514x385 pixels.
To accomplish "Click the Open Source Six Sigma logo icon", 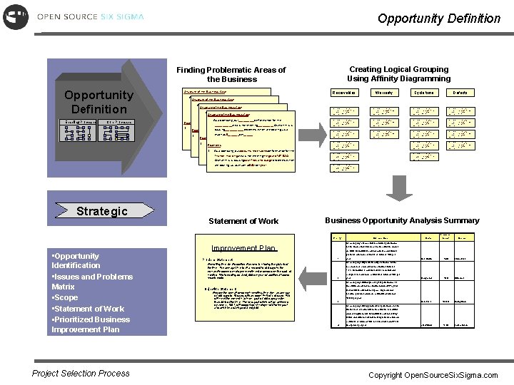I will [15, 16].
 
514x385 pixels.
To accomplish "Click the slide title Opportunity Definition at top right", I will [438, 18].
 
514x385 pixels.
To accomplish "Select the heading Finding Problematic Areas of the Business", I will [231, 74].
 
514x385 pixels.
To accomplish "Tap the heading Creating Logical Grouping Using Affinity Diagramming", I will [398, 73].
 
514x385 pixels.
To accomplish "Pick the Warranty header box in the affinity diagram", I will [384, 93].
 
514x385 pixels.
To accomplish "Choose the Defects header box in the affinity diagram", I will [460, 93].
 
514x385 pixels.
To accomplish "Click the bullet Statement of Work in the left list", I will [89, 309].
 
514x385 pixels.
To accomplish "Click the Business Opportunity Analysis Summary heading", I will [402, 220].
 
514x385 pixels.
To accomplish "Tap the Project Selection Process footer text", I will [81, 373].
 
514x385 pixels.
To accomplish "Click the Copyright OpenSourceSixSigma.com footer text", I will [433, 375].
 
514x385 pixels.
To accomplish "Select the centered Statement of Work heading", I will [243, 221].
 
